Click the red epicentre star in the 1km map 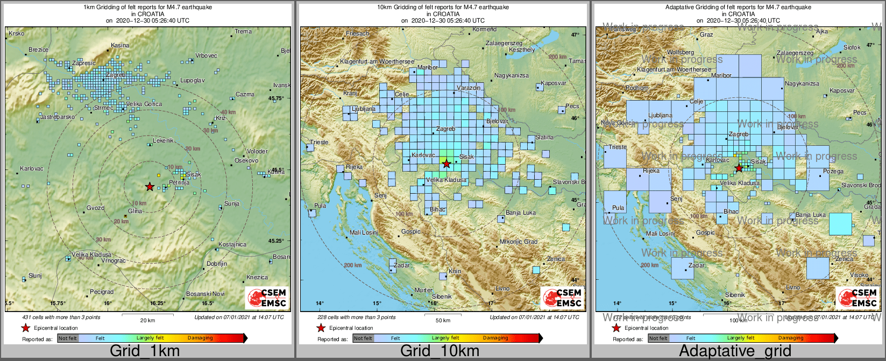coord(150,187)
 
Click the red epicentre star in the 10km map coord(446,164)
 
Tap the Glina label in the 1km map coord(135,211)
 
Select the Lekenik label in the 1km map coord(163,140)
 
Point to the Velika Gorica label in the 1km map coord(144,104)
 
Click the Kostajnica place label coord(232,244)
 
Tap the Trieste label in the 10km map coord(319,143)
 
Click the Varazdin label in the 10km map coord(469,88)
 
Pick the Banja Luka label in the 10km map coord(521,213)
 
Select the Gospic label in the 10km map coord(411,232)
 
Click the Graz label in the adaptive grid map coord(706,35)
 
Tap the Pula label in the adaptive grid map coord(618,208)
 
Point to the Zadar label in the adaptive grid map coord(696,266)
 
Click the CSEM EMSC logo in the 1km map coord(267,298)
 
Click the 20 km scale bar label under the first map coord(147,320)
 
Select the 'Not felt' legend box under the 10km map coord(363,338)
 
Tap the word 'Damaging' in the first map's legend coord(200,338)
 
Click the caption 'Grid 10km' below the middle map coord(440,351)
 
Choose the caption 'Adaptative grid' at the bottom coord(735,351)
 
